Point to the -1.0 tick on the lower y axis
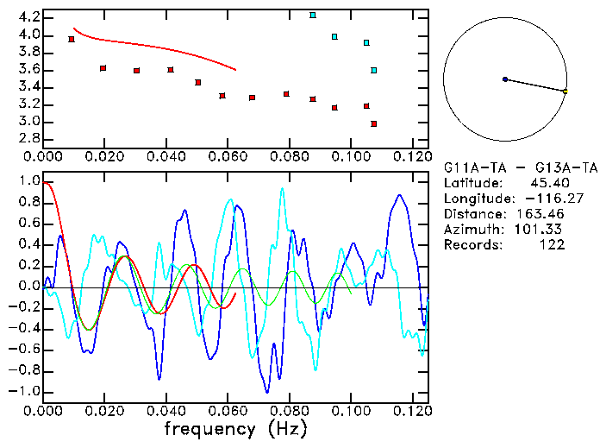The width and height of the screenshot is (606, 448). click(x=25, y=391)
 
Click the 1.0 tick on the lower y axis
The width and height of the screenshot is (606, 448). click(x=28, y=182)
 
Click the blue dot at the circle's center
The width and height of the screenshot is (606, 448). click(x=505, y=79)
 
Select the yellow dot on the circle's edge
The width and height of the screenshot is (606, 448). click(x=565, y=91)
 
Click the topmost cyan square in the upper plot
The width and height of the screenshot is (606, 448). click(x=313, y=15)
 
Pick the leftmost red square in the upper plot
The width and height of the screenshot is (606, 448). click(x=72, y=39)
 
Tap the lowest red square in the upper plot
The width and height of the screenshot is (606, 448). click(x=374, y=123)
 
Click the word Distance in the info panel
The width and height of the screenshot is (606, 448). click(x=472, y=214)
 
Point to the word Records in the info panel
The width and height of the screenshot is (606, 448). click(x=469, y=245)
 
